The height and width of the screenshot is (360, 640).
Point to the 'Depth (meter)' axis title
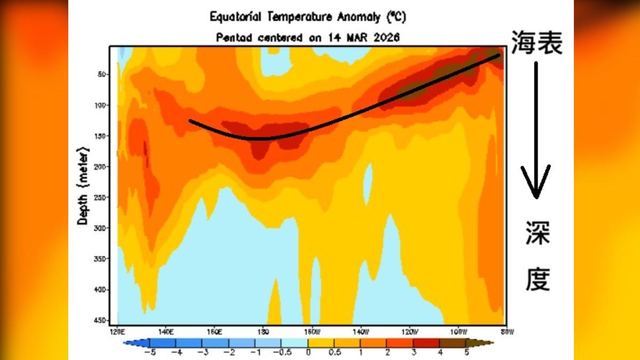click(83, 184)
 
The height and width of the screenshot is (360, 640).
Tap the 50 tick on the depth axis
click(101, 74)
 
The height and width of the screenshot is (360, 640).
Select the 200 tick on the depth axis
click(99, 166)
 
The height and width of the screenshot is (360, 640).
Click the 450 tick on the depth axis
click(99, 321)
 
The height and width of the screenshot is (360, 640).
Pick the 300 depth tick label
click(99, 228)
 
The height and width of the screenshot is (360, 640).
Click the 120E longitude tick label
click(117, 332)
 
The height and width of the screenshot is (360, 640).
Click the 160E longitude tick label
click(214, 332)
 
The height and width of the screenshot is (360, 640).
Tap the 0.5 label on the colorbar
click(335, 353)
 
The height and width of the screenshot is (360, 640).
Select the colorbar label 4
click(440, 353)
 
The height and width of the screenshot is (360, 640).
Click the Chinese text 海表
click(537, 43)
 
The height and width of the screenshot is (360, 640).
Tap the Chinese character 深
click(537, 233)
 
